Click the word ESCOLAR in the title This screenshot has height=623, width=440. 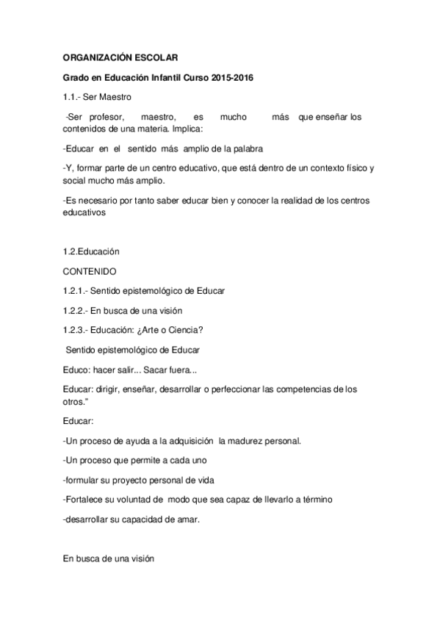pyautogui.click(x=153, y=57)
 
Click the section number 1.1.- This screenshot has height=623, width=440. pyautogui.click(x=73, y=97)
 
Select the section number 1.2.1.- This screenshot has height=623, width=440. pyautogui.click(x=77, y=290)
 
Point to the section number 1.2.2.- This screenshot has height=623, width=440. pyautogui.click(x=77, y=310)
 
